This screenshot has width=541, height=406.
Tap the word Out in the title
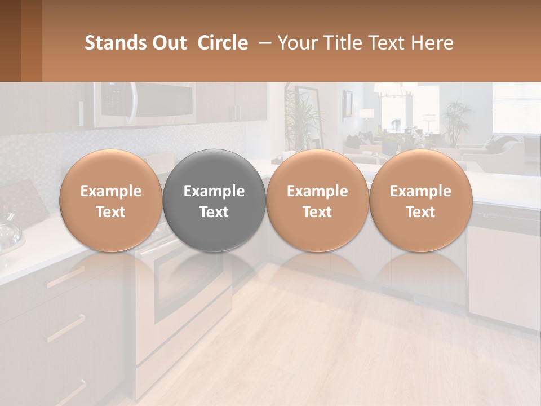[x=168, y=43]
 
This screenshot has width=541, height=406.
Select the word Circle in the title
[x=223, y=43]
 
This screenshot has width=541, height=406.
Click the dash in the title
[x=263, y=43]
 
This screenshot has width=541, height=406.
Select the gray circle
[x=214, y=201]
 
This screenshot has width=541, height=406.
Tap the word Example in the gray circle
[x=214, y=191]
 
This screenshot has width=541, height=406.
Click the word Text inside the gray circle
[x=214, y=212]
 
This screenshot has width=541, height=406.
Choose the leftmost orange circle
[x=111, y=201]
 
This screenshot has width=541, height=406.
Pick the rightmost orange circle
[x=420, y=201]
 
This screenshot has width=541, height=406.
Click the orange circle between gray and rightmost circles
[x=317, y=201]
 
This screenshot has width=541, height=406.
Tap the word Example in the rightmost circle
[x=420, y=191]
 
